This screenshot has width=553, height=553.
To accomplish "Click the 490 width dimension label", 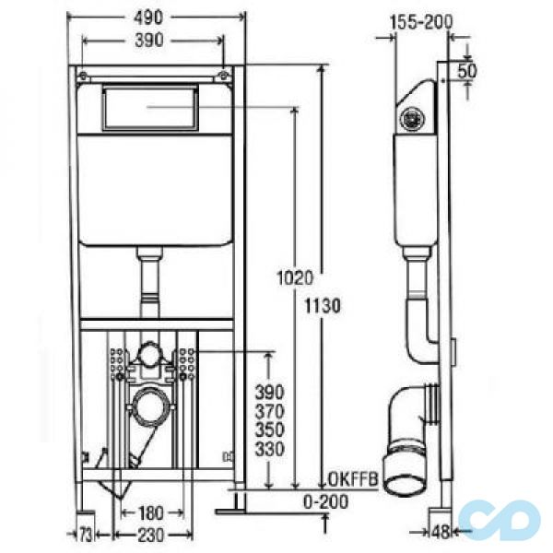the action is pyautogui.click(x=148, y=18).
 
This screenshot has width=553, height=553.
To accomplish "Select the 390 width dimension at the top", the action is pyautogui.click(x=149, y=41).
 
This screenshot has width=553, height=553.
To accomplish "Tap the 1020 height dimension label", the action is pyautogui.click(x=295, y=277).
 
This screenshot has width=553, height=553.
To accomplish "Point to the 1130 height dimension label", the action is pyautogui.click(x=323, y=306).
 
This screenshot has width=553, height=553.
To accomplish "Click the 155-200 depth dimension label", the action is pyautogui.click(x=421, y=22).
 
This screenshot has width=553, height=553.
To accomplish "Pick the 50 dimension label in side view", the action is pyautogui.click(x=467, y=71).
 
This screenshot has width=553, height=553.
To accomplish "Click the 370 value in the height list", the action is pyautogui.click(x=270, y=412).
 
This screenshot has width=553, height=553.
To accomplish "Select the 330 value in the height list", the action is pyautogui.click(x=270, y=449).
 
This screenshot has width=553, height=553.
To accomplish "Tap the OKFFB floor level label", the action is pyautogui.click(x=353, y=479).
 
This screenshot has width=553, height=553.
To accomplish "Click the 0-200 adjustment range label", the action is pyautogui.click(x=326, y=502).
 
